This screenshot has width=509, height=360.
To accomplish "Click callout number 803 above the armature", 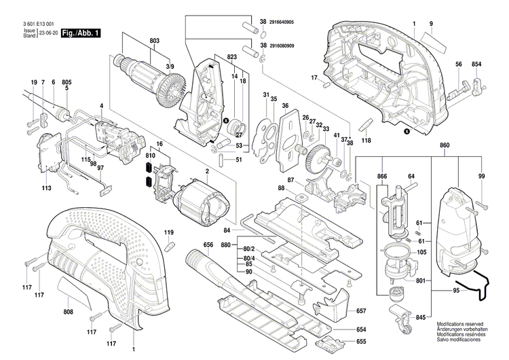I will [x=155, y=42].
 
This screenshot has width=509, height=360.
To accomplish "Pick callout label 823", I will [x=232, y=56].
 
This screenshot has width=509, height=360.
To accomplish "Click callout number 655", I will [x=361, y=341].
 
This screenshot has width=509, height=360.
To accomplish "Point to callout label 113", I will [x=47, y=188].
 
